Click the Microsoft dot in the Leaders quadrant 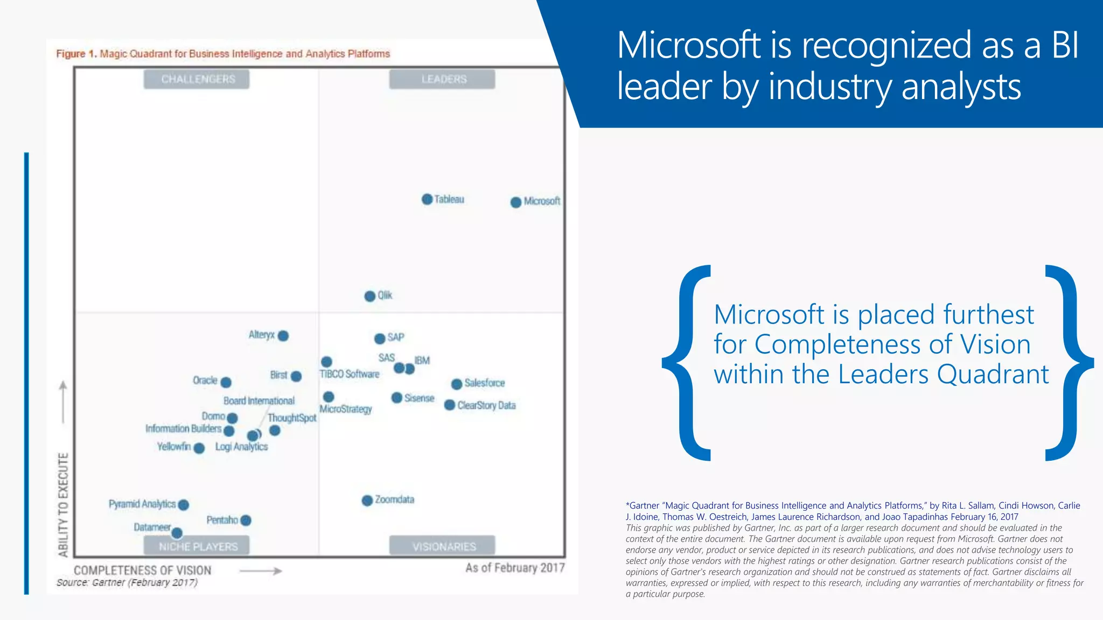(516, 202)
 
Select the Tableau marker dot (427, 199)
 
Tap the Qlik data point (370, 296)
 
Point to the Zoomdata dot (367, 501)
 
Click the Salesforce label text (485, 383)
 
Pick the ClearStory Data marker (450, 405)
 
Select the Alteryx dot (283, 336)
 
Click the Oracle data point (226, 382)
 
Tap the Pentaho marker (246, 520)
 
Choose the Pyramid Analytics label (142, 504)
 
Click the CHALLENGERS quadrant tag (197, 79)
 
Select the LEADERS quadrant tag (443, 79)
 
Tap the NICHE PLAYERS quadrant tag (197, 546)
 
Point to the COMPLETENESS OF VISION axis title (143, 570)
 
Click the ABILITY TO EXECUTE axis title (64, 504)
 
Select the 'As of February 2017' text (515, 568)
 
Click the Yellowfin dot (199, 448)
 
